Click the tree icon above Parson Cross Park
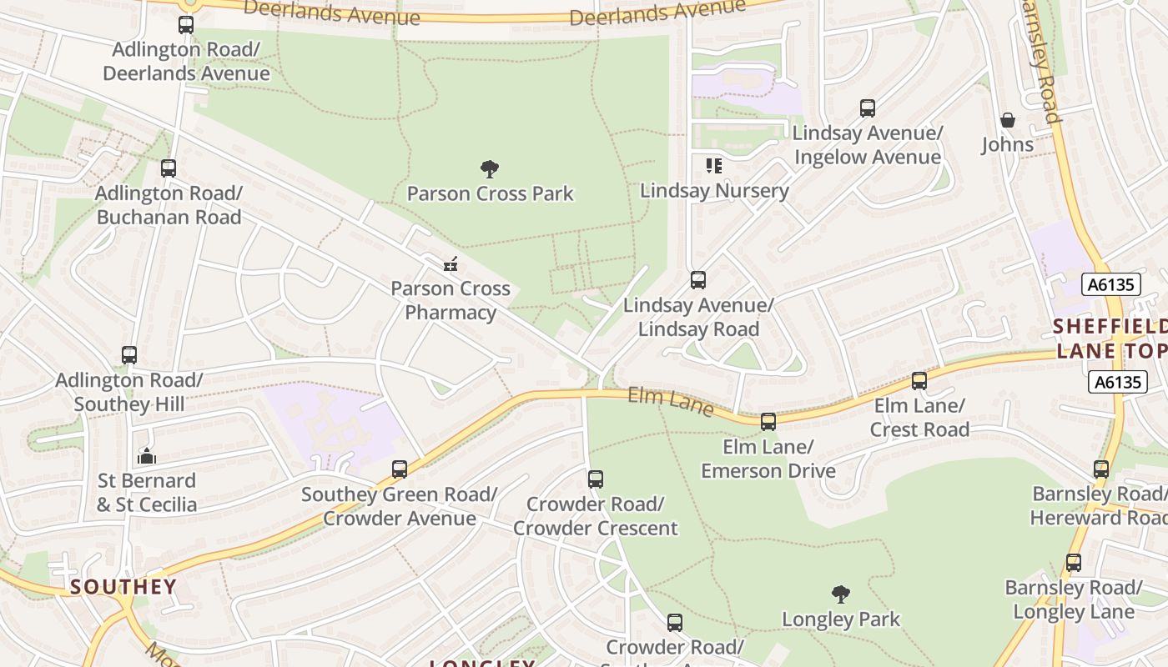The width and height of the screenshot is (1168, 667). click(x=490, y=169)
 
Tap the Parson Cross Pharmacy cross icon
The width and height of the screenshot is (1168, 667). click(x=451, y=265)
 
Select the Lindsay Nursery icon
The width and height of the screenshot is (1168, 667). click(x=713, y=166)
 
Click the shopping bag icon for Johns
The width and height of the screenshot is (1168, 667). click(x=1007, y=120)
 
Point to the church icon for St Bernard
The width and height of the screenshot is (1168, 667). click(x=147, y=456)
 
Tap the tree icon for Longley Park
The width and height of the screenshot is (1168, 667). click(x=841, y=594)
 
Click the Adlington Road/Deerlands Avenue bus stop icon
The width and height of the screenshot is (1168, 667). click(x=186, y=25)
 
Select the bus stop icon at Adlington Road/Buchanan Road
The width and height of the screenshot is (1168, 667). click(x=169, y=168)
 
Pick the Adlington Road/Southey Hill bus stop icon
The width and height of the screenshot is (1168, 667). click(x=129, y=355)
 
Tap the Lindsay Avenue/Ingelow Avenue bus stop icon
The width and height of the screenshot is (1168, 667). click(x=868, y=108)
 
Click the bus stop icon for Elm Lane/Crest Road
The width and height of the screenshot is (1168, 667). click(x=919, y=381)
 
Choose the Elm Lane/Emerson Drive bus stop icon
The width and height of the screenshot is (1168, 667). click(x=768, y=422)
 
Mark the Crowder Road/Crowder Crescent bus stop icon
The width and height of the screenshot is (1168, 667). click(x=596, y=479)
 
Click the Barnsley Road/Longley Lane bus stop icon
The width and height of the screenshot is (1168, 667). click(x=1074, y=563)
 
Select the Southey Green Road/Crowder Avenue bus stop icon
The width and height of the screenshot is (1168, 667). click(x=400, y=469)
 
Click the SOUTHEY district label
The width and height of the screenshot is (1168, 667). click(x=123, y=587)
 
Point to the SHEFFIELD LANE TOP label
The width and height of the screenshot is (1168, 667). click(x=1110, y=338)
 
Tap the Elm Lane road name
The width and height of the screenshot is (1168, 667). click(x=671, y=401)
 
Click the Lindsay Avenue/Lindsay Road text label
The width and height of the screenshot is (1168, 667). click(x=698, y=317)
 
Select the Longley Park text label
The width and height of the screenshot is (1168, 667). click(x=841, y=619)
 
